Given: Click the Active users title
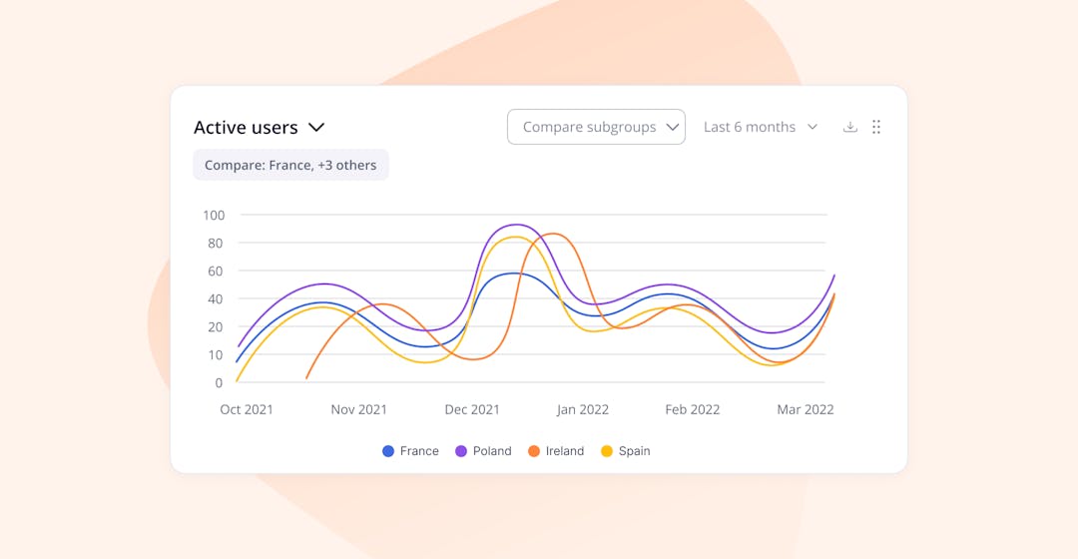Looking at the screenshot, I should click(246, 128).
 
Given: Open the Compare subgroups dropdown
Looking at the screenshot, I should click(596, 127).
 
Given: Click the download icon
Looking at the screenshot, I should click(850, 127).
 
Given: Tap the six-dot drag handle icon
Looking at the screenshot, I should click(876, 127).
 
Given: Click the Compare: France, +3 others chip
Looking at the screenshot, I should click(290, 165).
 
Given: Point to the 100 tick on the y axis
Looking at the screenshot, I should click(214, 215).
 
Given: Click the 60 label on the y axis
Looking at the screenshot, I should click(214, 271).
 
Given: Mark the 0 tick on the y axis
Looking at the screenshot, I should click(219, 382).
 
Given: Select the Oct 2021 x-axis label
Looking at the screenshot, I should click(247, 409).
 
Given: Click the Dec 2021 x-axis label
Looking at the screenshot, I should click(472, 409).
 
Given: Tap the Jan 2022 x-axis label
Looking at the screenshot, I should click(583, 409).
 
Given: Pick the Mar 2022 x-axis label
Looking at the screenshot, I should click(806, 409).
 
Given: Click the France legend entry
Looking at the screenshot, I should click(410, 451).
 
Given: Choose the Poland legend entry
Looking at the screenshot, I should click(483, 451).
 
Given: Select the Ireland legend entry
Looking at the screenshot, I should click(556, 451).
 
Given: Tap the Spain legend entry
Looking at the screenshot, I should click(625, 451).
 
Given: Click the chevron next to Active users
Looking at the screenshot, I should click(316, 128).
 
